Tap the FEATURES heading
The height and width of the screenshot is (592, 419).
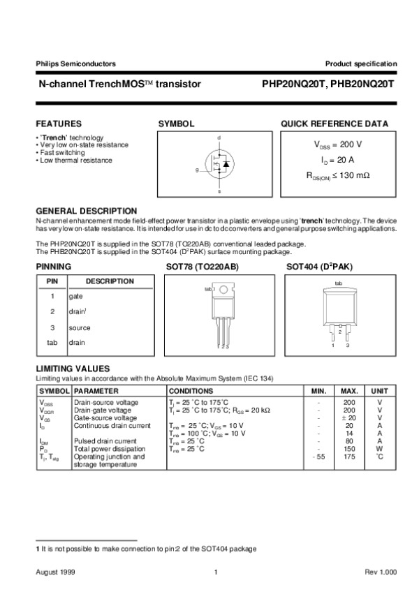pyautogui.click(x=59, y=124)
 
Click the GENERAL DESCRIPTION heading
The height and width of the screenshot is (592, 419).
pyautogui.click(x=86, y=210)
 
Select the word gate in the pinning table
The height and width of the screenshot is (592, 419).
pyautogui.click(x=76, y=296)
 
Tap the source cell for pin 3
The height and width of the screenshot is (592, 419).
pyautogui.click(x=80, y=327)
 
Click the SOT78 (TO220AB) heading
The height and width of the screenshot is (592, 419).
pyautogui.click(x=192, y=267)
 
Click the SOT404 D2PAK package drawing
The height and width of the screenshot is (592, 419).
pyautogui.click(x=339, y=312)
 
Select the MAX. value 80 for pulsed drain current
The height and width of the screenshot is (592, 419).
pyautogui.click(x=350, y=441)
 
